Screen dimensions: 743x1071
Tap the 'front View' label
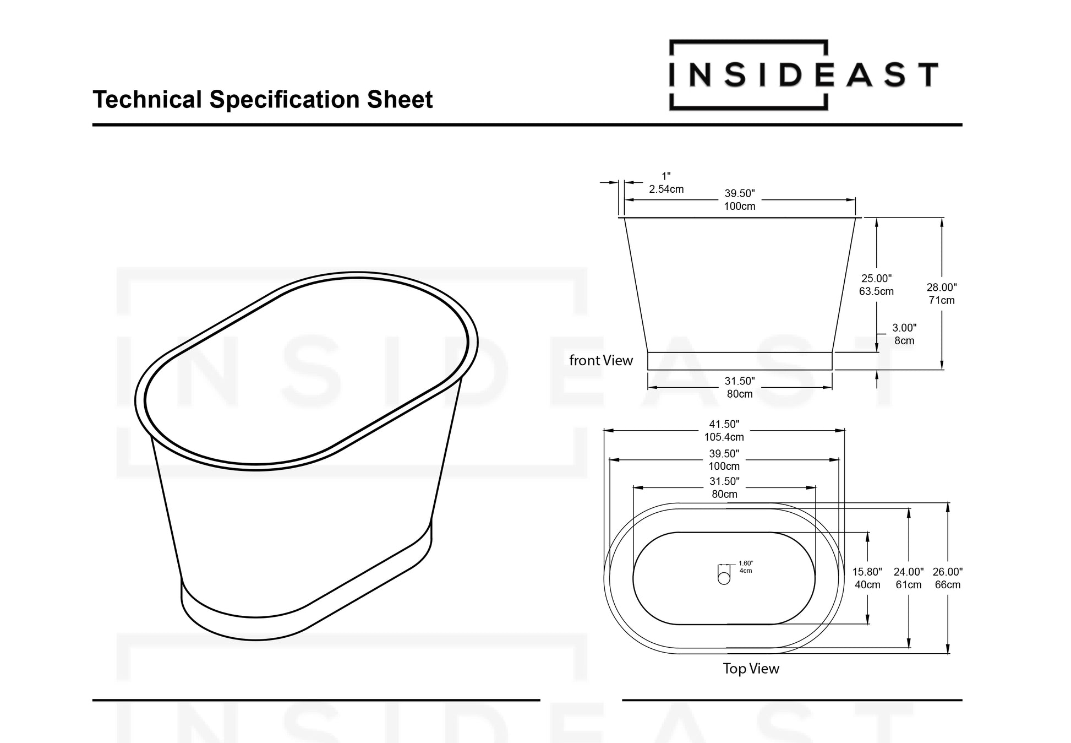600,361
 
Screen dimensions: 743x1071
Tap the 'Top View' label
751,669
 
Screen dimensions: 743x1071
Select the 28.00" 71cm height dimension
941,294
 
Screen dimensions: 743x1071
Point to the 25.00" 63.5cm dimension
876,285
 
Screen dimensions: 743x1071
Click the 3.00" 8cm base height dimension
904,334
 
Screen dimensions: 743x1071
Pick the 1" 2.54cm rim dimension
666,183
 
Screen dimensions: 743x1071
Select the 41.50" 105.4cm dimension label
724,431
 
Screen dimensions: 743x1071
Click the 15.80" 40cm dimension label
867,578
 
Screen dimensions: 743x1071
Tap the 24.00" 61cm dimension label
908,578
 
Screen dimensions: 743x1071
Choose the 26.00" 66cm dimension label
947,578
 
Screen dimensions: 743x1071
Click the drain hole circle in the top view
724,579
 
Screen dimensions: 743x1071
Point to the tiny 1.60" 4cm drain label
745,567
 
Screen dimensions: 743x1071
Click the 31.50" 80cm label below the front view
739,387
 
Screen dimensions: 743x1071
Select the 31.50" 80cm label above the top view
724,487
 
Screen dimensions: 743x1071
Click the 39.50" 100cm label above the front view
739,200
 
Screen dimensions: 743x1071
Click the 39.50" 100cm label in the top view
724,459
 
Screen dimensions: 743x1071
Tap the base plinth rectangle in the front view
739,361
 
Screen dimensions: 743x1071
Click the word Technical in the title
147,100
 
